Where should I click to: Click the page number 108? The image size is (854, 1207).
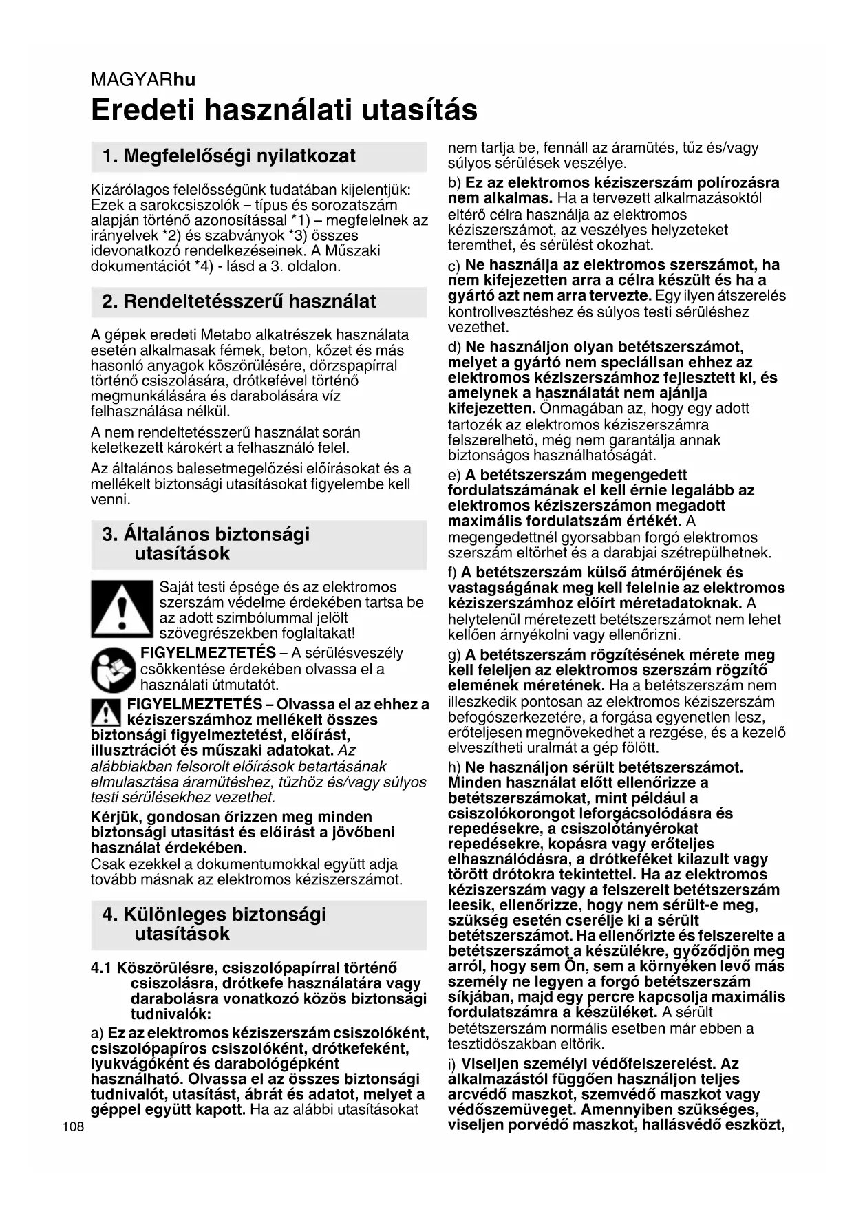[x=72, y=1127]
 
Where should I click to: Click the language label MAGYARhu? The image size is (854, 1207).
[x=142, y=80]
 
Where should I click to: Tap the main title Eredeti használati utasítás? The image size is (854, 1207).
[x=284, y=110]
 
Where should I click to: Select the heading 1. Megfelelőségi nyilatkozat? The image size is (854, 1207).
[x=228, y=156]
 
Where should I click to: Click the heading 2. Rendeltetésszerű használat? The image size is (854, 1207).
[x=239, y=301]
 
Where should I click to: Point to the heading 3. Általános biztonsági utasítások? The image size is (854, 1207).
[x=206, y=544]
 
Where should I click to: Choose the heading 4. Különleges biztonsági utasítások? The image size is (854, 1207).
[x=214, y=923]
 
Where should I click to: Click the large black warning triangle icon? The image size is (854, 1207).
[x=121, y=610]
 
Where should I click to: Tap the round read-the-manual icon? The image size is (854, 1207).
[x=113, y=670]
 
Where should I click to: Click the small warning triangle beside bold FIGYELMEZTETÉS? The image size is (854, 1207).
[x=105, y=712]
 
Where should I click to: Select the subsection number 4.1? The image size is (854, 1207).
[x=101, y=968]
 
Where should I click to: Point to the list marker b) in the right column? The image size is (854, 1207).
[x=454, y=183]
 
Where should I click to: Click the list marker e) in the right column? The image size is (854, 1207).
[x=454, y=476]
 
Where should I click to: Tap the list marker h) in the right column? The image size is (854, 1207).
[x=454, y=767]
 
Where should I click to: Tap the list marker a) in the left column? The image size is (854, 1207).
[x=97, y=1034]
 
